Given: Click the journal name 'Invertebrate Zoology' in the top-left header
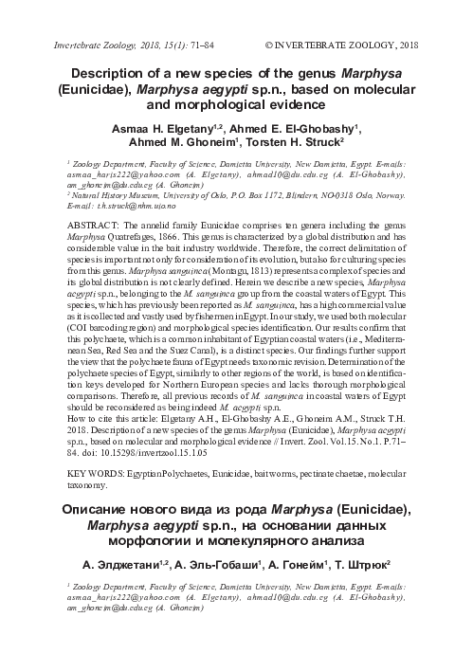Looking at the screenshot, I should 88,45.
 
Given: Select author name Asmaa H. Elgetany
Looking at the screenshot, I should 152,128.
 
